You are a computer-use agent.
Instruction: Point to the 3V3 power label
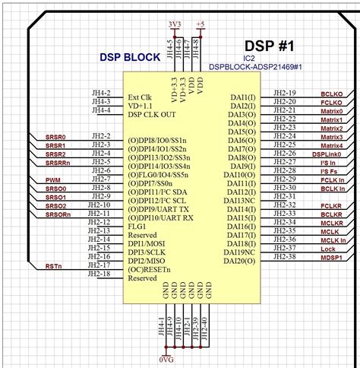click(x=174, y=24)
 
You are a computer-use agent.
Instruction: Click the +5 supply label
click(x=201, y=24)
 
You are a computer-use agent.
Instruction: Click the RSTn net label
click(x=53, y=266)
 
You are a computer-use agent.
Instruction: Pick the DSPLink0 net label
click(x=327, y=154)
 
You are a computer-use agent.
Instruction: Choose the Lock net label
click(x=330, y=248)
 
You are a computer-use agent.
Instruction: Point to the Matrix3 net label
click(x=331, y=137)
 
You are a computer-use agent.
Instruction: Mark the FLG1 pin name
click(x=137, y=226)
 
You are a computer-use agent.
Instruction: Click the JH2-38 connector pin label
click(x=285, y=257)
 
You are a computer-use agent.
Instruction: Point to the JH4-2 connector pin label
click(x=101, y=93)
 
